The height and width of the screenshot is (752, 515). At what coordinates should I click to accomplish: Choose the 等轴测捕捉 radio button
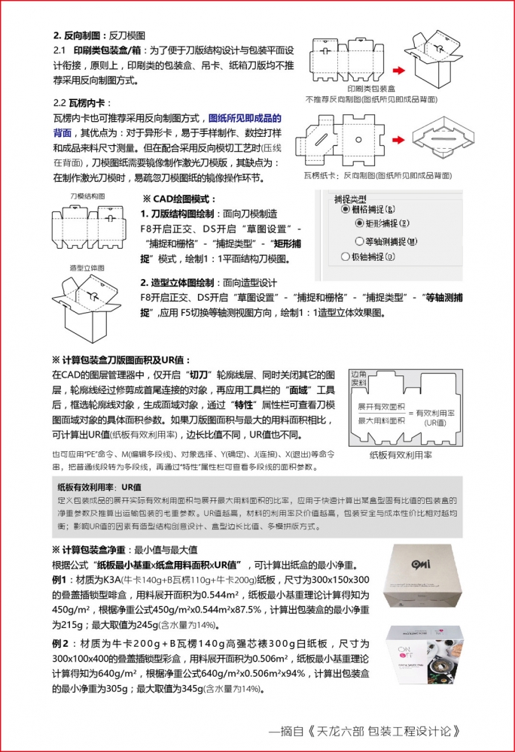pyautogui.click(x=358, y=241)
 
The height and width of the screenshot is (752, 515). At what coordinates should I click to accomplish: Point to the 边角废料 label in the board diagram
pyautogui.click(x=360, y=378)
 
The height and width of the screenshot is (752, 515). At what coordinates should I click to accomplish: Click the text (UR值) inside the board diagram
pyautogui.click(x=435, y=423)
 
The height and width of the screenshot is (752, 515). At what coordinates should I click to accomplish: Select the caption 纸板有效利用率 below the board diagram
pyautogui.click(x=401, y=455)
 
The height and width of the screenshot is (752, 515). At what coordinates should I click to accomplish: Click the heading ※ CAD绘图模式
pyautogui.click(x=178, y=199)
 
